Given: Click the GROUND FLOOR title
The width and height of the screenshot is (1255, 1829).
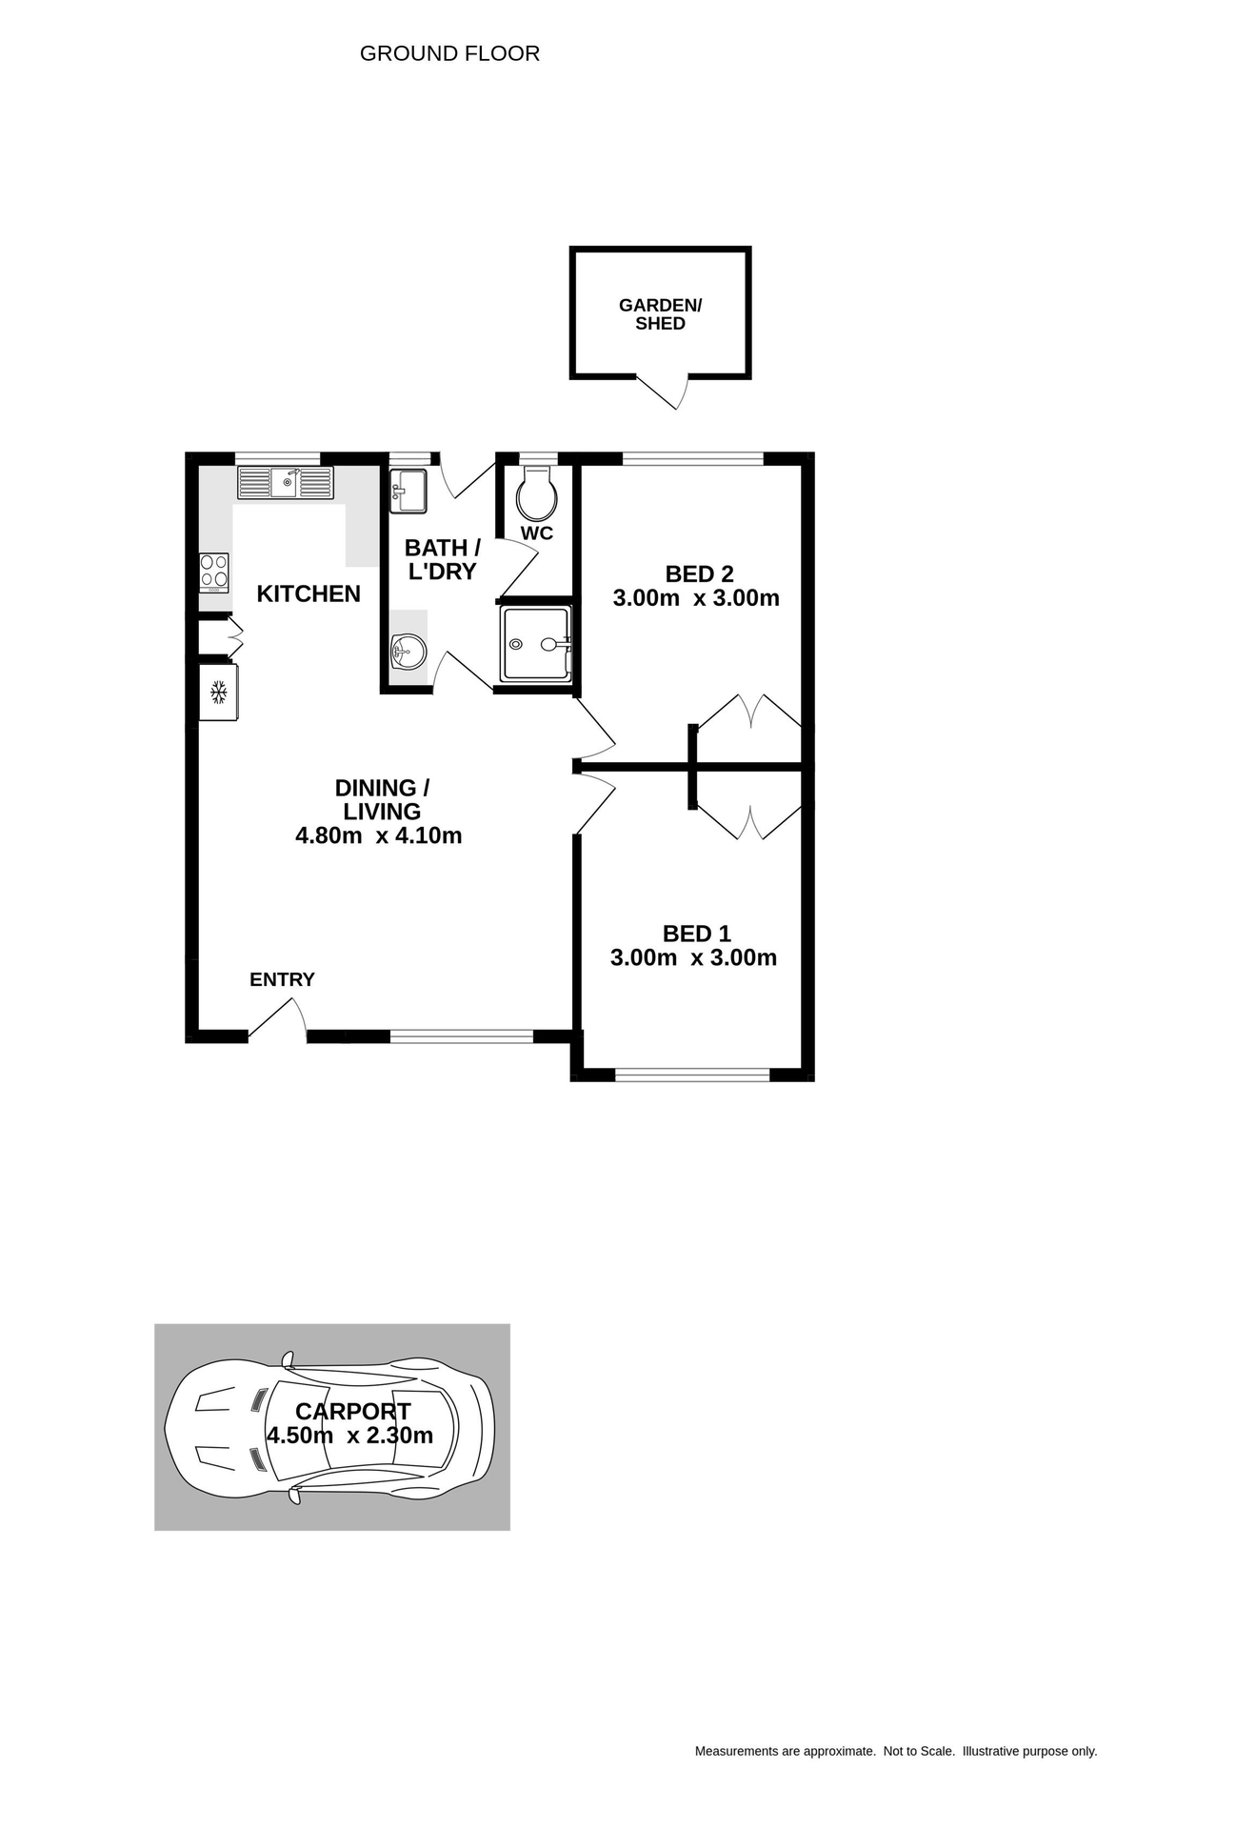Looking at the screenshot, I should [449, 53].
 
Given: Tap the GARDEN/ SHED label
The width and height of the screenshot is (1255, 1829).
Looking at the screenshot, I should [660, 314].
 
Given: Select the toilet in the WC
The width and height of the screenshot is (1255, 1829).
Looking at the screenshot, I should [537, 493].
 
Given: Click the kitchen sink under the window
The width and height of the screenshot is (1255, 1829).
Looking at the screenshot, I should [286, 483].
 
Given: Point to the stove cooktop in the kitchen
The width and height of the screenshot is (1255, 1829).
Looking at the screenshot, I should [214, 572].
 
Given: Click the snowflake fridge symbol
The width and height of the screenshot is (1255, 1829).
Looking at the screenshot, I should [218, 693].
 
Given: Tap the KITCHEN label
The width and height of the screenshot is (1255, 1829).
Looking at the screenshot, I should [309, 594].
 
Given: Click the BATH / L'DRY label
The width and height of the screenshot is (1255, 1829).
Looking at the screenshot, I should [443, 559].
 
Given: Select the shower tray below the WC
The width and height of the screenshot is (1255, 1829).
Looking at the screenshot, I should [535, 644].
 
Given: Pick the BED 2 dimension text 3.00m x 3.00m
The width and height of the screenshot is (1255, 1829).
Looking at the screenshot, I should [696, 598].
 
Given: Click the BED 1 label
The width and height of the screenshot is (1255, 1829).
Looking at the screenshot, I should [696, 934].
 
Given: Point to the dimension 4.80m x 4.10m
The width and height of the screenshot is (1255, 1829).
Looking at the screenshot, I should [379, 835].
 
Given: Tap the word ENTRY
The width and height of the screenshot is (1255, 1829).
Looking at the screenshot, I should [282, 979].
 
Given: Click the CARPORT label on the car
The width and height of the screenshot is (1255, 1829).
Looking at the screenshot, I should [352, 1411].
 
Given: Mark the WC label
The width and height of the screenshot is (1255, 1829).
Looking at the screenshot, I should [537, 533].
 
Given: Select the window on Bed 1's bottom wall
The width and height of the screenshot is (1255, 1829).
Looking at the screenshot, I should [692, 1075].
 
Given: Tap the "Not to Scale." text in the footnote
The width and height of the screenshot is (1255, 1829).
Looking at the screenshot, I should [919, 1751].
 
